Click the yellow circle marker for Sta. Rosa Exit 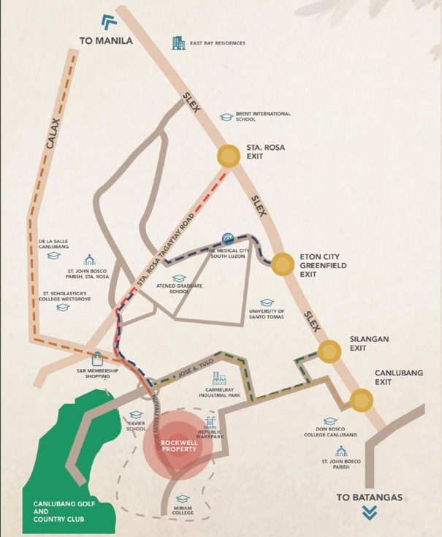[229, 156]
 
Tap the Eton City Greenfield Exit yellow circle [282, 264]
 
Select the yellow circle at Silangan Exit [329, 352]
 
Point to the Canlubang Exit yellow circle [361, 400]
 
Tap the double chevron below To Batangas [370, 514]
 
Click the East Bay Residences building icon [178, 43]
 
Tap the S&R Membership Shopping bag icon [97, 359]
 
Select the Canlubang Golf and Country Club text [59, 511]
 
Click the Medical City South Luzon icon [228, 240]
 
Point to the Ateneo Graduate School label [179, 289]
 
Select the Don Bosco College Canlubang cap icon [330, 422]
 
